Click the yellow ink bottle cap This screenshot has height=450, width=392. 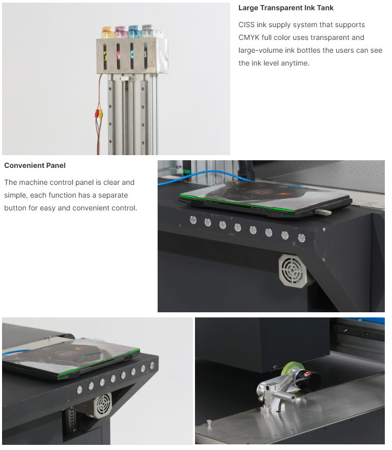tap(107, 29)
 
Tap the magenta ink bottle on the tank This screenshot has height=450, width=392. tap(121, 32)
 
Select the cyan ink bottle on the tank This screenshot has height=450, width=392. tap(134, 31)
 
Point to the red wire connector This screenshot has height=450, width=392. tap(97, 113)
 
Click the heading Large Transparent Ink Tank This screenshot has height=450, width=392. tap(286, 8)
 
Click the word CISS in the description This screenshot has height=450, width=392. tap(247, 25)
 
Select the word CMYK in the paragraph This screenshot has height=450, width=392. tap(249, 37)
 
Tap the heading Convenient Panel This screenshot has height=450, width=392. tap(35, 165)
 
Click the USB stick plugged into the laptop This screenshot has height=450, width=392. tap(323, 212)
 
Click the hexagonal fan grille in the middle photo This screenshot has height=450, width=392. tap(292, 270)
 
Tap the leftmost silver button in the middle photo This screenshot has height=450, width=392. tap(193, 220)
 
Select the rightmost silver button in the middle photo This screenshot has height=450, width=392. tap(301, 238)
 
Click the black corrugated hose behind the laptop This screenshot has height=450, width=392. tap(246, 170)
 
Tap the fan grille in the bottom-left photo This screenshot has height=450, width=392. tap(103, 404)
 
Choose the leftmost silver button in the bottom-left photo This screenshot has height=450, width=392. tap(79, 390)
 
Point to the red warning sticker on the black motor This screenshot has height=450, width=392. tap(308, 374)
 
